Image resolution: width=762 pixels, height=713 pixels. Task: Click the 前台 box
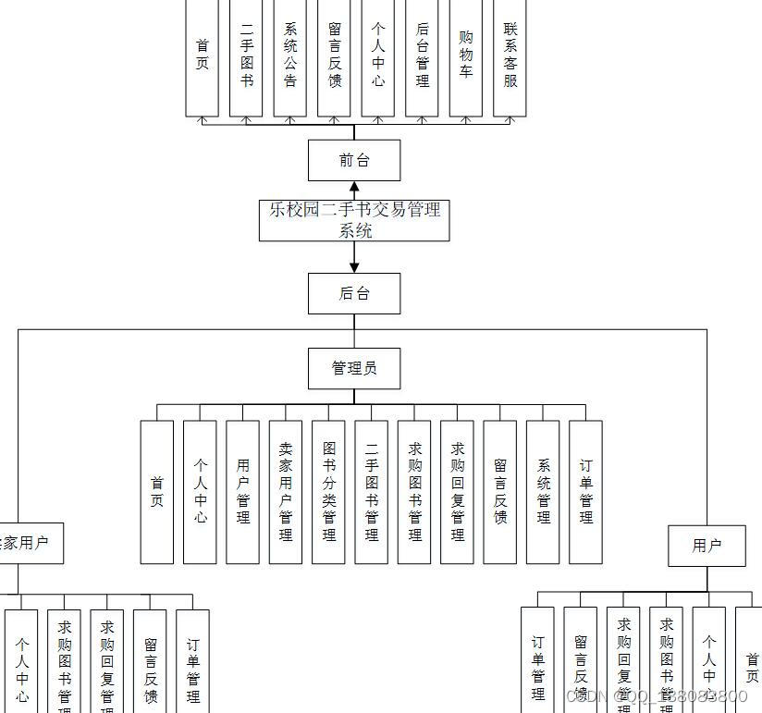354,160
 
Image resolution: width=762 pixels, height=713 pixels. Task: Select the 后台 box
354,293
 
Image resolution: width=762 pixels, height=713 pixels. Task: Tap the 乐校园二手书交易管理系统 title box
354,220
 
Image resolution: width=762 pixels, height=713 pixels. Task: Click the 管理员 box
354,368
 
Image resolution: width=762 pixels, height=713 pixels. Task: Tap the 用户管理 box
242,492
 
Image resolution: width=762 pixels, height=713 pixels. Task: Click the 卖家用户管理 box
286,492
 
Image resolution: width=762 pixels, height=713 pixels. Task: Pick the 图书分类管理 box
328,492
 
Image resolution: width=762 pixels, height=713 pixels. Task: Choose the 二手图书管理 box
371,492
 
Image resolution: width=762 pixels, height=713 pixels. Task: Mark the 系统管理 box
543,492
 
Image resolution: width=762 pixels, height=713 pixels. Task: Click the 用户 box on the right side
707,546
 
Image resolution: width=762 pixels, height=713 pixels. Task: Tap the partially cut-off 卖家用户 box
28,543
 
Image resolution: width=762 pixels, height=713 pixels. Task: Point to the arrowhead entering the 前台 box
354,187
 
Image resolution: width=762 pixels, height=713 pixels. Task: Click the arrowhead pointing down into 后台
354,267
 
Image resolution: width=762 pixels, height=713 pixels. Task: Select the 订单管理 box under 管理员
585,492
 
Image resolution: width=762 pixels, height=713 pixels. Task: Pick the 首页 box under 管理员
157,492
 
